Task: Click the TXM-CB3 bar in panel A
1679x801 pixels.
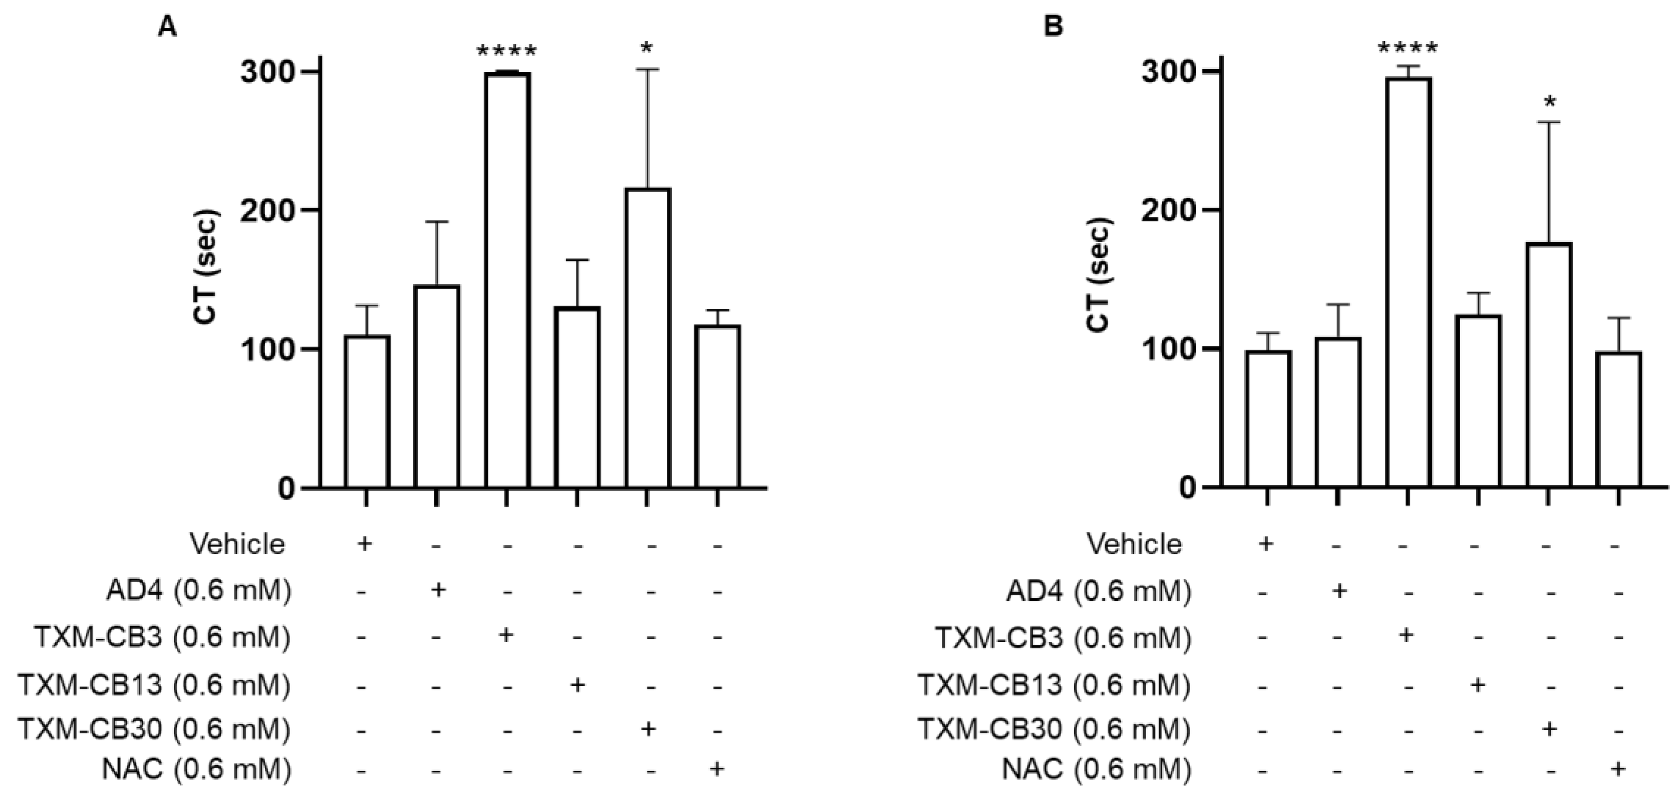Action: [x=507, y=280]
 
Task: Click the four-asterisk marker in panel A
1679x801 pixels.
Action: [x=507, y=51]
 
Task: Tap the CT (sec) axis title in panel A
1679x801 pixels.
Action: [x=206, y=267]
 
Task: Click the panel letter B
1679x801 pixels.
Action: [x=1054, y=27]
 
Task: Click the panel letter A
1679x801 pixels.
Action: [x=168, y=27]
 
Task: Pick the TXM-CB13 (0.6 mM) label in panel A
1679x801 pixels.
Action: [x=154, y=685]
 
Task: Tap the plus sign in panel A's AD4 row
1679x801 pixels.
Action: [x=438, y=590]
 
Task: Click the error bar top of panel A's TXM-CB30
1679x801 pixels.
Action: [x=647, y=69]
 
